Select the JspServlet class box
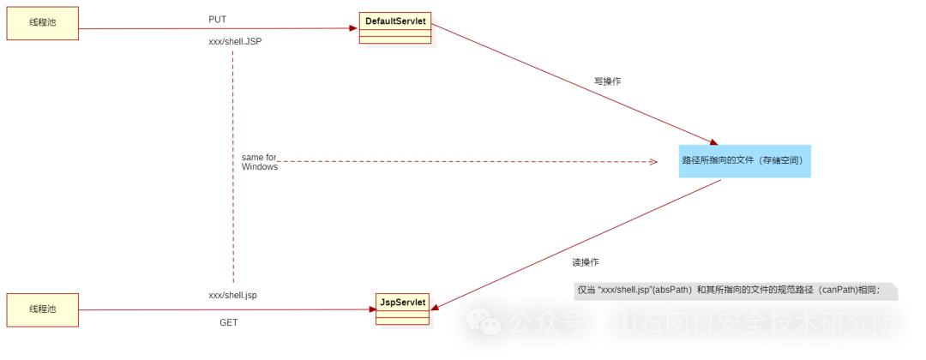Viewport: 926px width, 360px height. point(402,309)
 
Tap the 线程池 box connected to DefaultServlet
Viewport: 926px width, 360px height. point(43,23)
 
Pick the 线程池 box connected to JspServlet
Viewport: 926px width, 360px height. point(43,309)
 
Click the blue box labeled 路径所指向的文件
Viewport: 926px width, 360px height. point(744,160)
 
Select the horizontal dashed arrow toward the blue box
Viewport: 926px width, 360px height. point(463,161)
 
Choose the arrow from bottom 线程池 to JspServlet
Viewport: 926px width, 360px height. point(214,309)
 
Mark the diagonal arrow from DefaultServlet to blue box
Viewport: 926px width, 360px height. point(574,84)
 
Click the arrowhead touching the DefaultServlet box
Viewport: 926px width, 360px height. point(352,28)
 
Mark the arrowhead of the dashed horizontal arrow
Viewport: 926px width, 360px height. point(652,161)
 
